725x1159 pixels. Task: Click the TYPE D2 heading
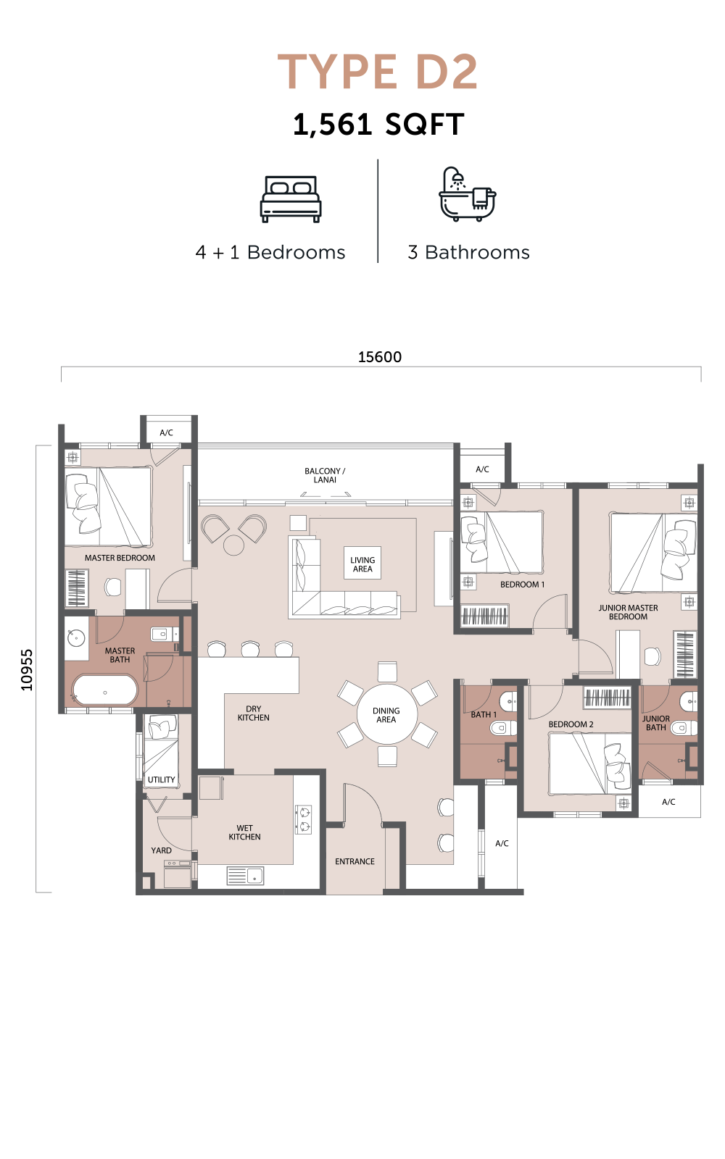click(378, 72)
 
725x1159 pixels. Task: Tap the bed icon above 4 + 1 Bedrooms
click(291, 199)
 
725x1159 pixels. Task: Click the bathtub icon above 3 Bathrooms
click(467, 194)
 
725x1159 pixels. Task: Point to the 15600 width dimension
click(380, 357)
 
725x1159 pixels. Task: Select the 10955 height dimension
click(26, 670)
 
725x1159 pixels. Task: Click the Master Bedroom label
click(120, 558)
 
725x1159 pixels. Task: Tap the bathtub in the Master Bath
click(106, 690)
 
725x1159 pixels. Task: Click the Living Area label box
click(362, 564)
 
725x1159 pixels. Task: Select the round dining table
click(386, 714)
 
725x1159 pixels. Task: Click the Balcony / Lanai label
click(325, 475)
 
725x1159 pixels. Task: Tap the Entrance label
click(355, 861)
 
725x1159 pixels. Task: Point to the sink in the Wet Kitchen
click(245, 876)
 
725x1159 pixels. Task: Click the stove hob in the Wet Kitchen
click(304, 819)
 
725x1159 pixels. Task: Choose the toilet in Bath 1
click(503, 729)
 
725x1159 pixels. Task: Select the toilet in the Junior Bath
click(684, 728)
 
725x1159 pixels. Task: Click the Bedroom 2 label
click(571, 724)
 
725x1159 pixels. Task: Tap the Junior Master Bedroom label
click(628, 612)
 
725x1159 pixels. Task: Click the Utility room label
click(161, 779)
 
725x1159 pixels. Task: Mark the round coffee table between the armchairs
click(233, 544)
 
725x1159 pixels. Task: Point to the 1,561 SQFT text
click(378, 125)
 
